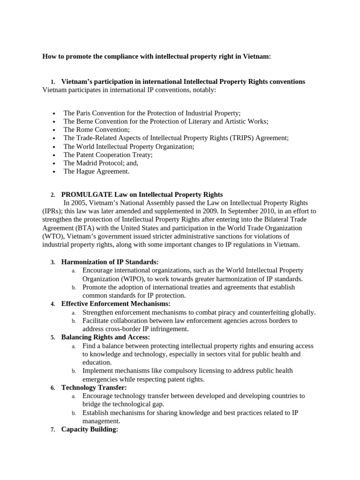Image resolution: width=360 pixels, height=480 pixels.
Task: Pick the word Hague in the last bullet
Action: (86, 172)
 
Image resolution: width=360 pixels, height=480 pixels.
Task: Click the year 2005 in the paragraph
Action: (79, 203)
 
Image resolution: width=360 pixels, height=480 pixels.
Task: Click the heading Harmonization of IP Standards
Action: (110, 262)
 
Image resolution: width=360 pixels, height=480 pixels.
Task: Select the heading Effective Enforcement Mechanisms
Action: (116, 304)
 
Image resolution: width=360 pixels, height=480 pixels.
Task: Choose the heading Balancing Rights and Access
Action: (105, 337)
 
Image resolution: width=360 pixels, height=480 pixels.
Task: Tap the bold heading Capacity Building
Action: (90, 429)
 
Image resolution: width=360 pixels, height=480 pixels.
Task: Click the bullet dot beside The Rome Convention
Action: (55, 130)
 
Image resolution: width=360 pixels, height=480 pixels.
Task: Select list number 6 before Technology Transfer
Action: (52, 388)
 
